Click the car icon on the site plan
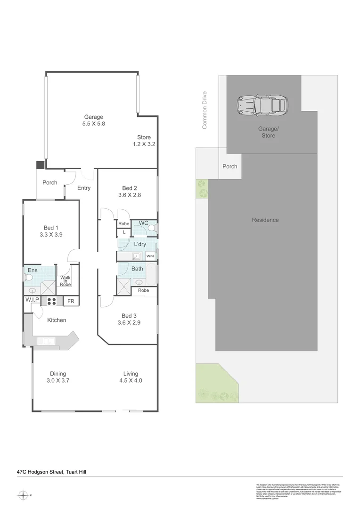(x=263, y=106)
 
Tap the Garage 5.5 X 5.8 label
(x=93, y=121)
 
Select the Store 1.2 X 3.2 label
(x=144, y=141)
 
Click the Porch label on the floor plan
(x=50, y=183)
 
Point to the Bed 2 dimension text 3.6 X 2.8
(x=130, y=195)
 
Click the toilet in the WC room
(x=152, y=228)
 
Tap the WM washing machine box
(x=150, y=256)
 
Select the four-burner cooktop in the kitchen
(x=51, y=301)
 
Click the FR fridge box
(x=71, y=302)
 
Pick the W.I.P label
(x=32, y=300)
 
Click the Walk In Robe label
(x=65, y=281)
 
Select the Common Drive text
(x=205, y=110)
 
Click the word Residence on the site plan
(x=265, y=220)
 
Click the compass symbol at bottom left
(x=23, y=495)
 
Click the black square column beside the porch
(x=41, y=165)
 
